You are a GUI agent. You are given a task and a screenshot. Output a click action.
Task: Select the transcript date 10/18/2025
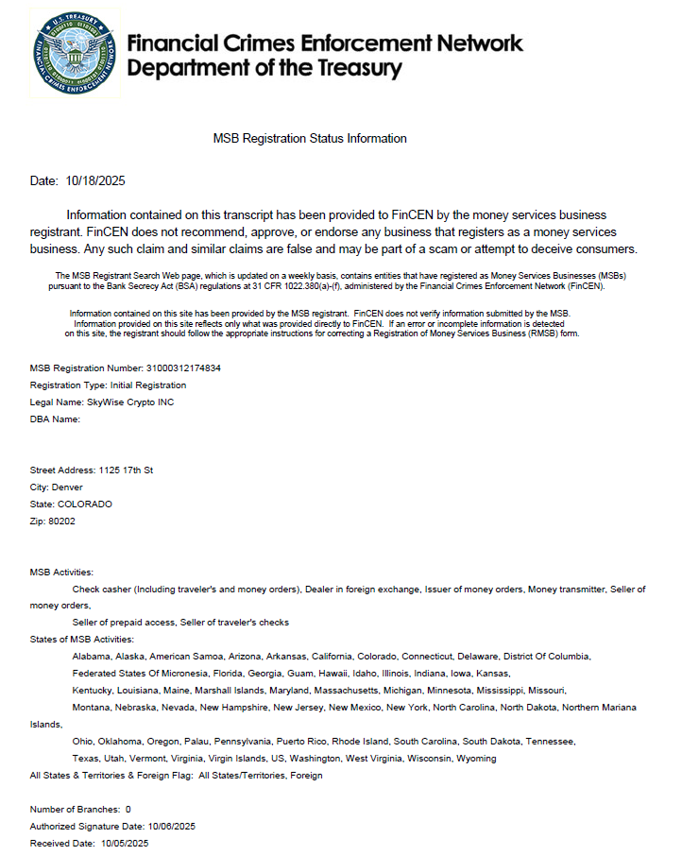click(95, 180)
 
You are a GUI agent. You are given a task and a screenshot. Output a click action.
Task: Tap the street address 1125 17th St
click(126, 470)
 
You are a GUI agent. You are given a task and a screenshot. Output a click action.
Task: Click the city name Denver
click(67, 487)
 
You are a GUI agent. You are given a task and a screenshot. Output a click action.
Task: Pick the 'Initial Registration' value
click(147, 385)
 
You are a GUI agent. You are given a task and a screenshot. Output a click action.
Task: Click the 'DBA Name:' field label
click(55, 419)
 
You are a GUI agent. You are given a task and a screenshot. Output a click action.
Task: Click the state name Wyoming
click(476, 758)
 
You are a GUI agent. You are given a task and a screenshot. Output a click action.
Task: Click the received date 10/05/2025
click(124, 843)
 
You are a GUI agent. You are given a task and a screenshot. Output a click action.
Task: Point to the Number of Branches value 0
click(128, 809)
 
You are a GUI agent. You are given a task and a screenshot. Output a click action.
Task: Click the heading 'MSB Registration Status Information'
click(310, 138)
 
